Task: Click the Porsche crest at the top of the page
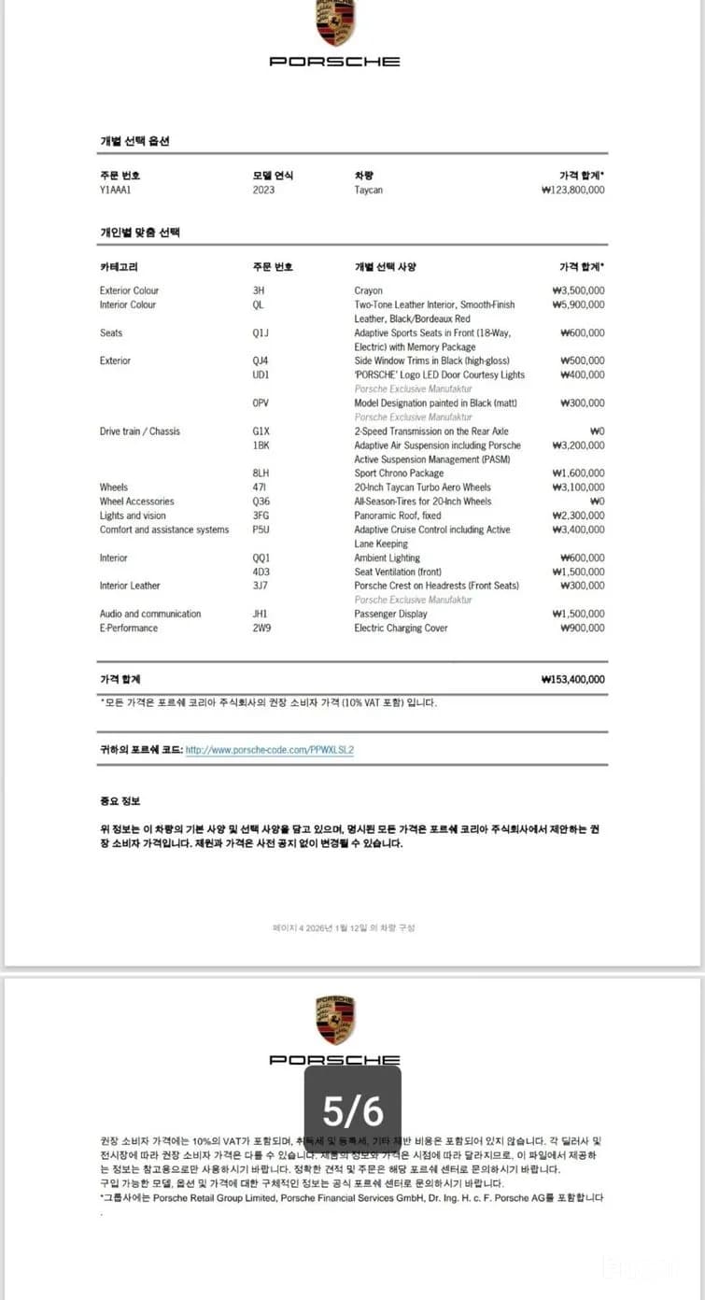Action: click(335, 23)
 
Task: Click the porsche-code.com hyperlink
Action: click(270, 749)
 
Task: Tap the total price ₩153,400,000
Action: click(572, 679)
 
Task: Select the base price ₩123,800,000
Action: click(572, 190)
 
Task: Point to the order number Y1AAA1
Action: click(116, 190)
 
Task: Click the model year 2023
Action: click(263, 190)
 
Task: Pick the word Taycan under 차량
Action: click(368, 190)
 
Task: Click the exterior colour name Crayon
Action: click(368, 290)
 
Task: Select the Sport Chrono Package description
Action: click(399, 473)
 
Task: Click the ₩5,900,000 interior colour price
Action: click(578, 304)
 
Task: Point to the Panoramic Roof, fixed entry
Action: click(398, 516)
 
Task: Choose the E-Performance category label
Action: click(129, 628)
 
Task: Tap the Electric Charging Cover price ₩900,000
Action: click(582, 628)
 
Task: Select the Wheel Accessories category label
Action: click(137, 502)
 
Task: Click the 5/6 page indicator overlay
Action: click(353, 1110)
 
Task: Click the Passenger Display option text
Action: click(390, 614)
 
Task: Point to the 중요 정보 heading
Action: click(120, 801)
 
